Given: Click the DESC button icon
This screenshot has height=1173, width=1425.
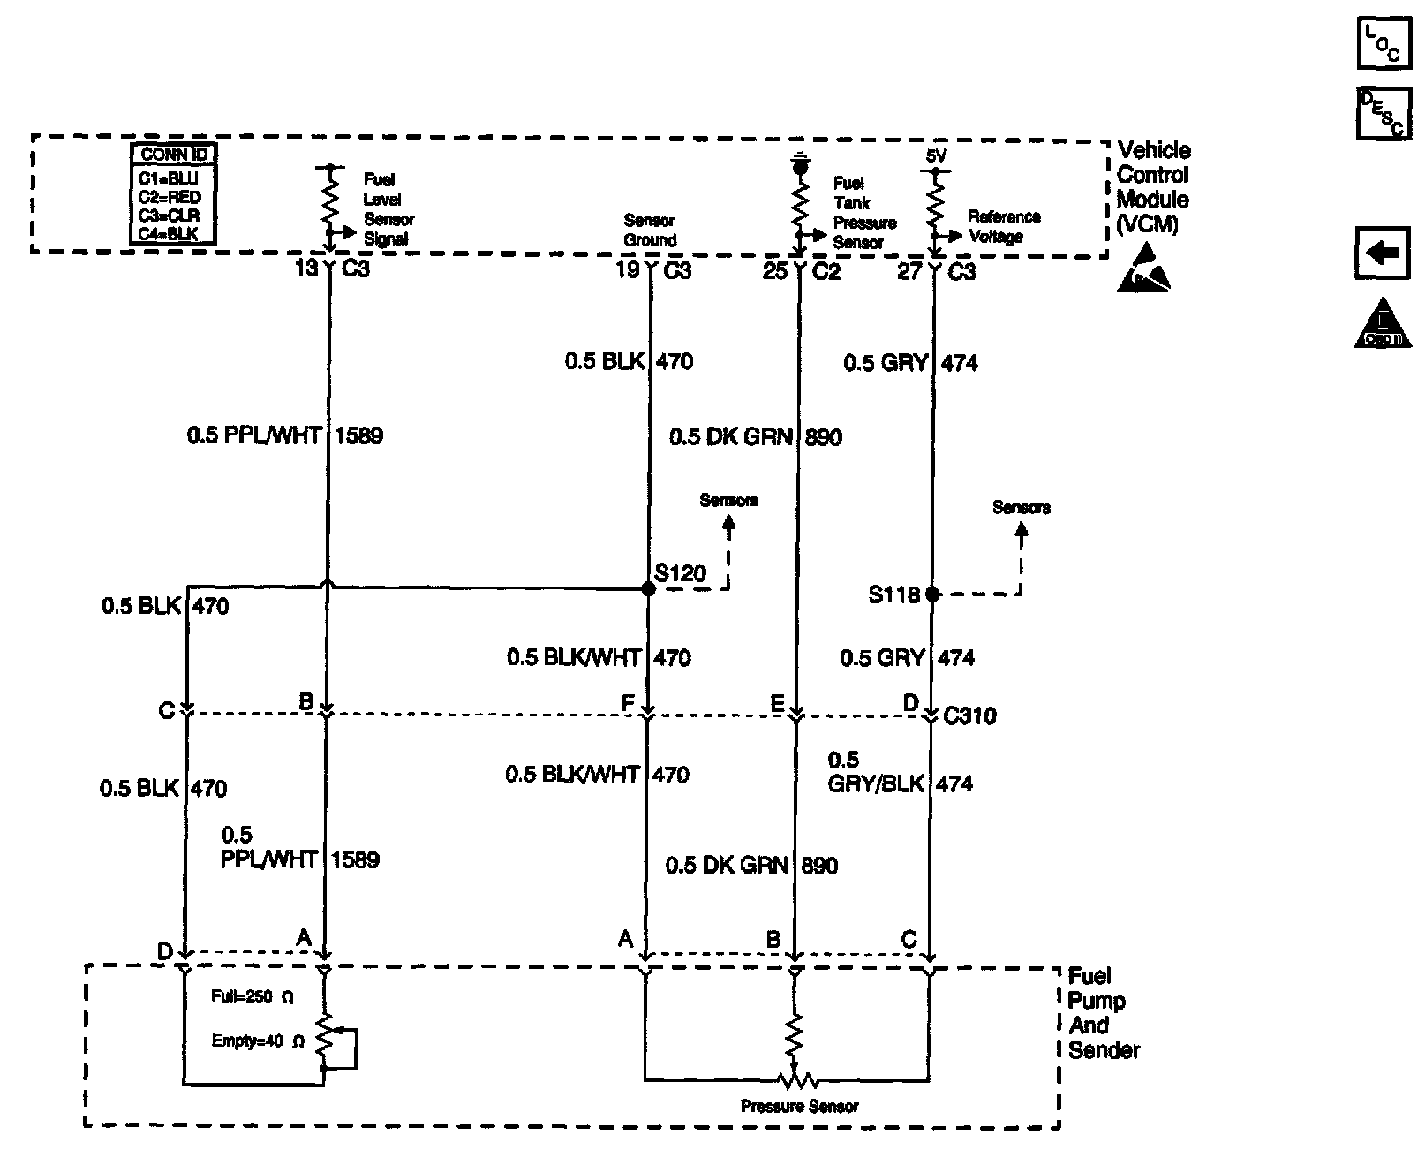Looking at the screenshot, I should pos(1383,113).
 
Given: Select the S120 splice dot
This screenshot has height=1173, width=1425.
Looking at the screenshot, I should pos(649,589).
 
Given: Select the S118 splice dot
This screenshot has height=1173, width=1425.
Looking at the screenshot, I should pos(932,594).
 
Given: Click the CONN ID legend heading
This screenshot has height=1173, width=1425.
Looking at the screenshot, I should pos(174,155).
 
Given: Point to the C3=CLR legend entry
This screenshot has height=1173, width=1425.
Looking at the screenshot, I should pos(169,216).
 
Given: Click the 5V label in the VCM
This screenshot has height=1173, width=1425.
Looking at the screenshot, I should pos(936,155).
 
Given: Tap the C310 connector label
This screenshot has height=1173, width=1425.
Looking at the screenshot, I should pos(969,715).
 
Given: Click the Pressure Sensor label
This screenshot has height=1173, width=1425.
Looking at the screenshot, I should pos(799,1106).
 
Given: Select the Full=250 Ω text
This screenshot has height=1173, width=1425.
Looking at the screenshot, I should pos(252,997).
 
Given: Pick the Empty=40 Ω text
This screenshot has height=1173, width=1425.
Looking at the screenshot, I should pos(257,1041).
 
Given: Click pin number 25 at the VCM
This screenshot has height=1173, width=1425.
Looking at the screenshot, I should pos(774,270).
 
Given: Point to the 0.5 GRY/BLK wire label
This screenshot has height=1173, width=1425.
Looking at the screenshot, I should pos(876,772).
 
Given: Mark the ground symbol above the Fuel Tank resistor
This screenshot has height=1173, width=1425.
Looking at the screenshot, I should pos(799,163).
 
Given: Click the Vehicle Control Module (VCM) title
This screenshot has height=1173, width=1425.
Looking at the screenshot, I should pos(1153,187).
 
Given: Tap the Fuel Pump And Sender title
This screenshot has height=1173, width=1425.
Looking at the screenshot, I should pos(1102,1013).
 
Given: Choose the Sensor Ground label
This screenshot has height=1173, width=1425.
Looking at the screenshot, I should pos(650,231).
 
